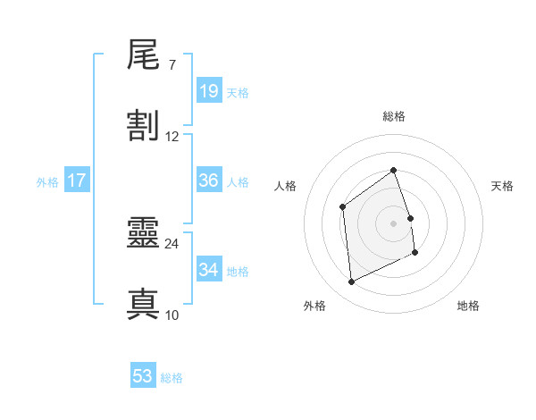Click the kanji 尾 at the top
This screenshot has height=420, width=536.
tap(144, 57)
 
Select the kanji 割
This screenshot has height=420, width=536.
tap(144, 127)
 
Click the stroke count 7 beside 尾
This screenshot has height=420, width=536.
tap(172, 65)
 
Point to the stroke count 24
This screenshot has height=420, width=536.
tap(172, 243)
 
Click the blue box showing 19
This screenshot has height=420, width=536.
tap(209, 91)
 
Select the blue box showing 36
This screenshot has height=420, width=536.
tap(209, 181)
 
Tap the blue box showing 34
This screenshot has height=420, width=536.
tap(209, 270)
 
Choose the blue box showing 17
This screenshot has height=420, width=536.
tap(77, 181)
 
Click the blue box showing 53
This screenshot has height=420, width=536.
tap(143, 376)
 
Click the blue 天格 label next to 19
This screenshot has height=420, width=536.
tap(238, 92)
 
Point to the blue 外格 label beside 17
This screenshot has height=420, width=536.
tap(47, 181)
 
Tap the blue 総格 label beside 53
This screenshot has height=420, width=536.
tap(172, 377)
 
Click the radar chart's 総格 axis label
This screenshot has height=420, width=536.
tap(394, 116)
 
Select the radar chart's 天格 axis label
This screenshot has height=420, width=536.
tap(502, 186)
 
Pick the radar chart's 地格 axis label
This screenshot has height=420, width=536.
tap(468, 306)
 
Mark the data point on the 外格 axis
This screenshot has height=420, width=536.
tap(351, 282)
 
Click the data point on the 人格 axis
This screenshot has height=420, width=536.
tap(343, 207)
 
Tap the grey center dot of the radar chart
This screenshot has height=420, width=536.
tap(394, 223)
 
